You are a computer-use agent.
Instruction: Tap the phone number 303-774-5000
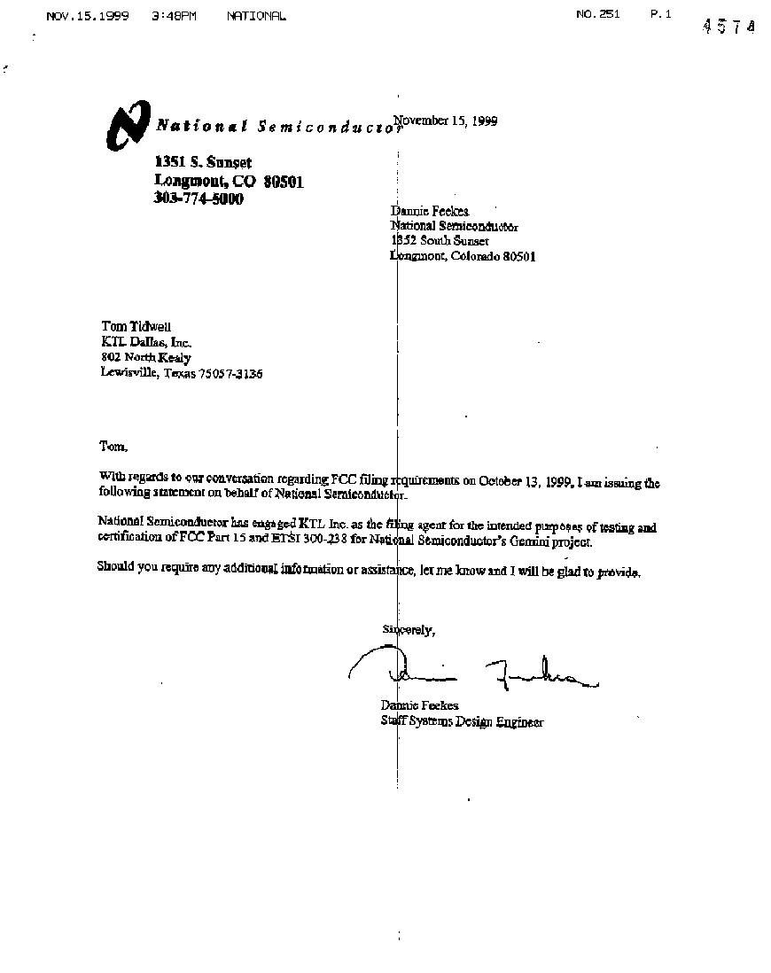click(x=199, y=199)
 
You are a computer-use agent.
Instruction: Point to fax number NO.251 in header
click(x=597, y=14)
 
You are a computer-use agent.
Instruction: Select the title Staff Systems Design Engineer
click(x=462, y=722)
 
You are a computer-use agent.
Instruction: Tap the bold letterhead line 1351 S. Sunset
click(x=203, y=162)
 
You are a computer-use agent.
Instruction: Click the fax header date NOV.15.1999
click(x=88, y=16)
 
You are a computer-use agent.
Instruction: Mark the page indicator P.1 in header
click(x=661, y=14)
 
